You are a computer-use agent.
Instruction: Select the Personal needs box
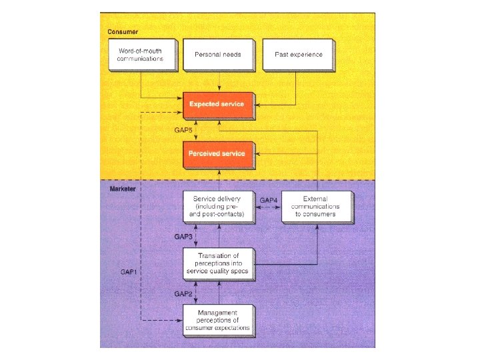pyautogui.click(x=217, y=54)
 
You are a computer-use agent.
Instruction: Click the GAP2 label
pyautogui.click(x=183, y=293)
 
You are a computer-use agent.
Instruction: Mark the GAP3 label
pyautogui.click(x=183, y=237)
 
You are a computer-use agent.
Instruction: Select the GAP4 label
pyautogui.click(x=268, y=200)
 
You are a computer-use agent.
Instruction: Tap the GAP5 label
pyautogui.click(x=183, y=129)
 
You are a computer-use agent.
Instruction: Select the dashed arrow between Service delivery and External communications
pyautogui.click(x=268, y=207)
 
